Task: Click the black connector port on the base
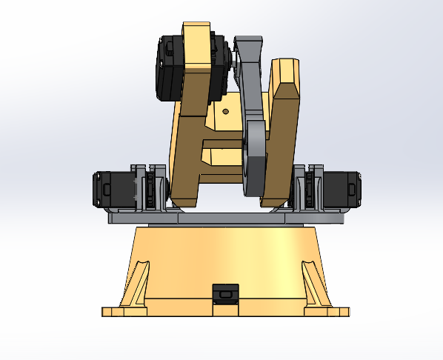point(225,293)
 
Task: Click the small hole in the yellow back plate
point(226,111)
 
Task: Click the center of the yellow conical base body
point(225,259)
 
